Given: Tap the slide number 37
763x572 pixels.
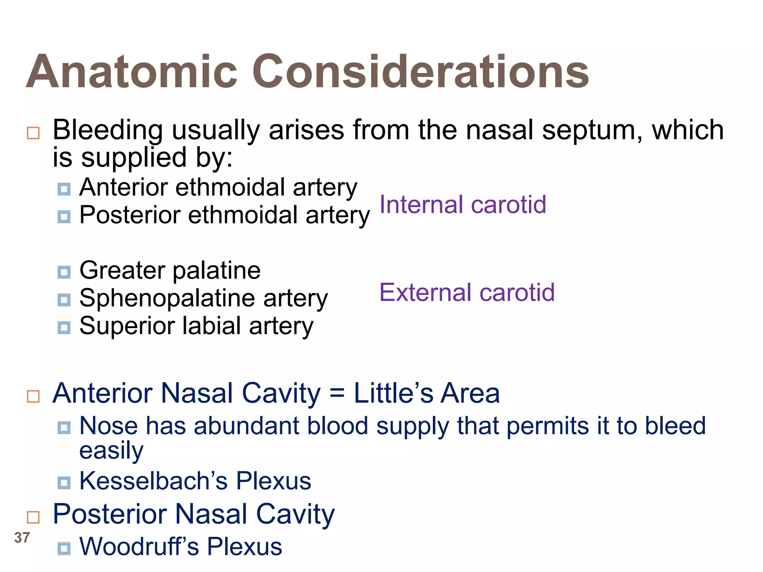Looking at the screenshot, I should pos(22,538).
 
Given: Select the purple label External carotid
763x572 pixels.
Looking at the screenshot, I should pos(467,292).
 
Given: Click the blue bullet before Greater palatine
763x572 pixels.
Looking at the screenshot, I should pos(64,272).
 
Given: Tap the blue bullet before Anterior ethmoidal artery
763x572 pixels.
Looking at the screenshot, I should pos(64,189).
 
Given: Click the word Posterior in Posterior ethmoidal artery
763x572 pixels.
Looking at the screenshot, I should pos(130,215).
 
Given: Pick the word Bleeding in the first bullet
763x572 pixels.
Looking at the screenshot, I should pos(108,130).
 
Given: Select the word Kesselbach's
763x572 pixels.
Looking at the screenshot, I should pos(153,481).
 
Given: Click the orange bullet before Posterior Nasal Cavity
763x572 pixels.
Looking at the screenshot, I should pos(33,517).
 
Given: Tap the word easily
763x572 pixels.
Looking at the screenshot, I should pos(111,451).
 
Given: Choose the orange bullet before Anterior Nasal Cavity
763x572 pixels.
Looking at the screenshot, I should pos(33,396).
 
